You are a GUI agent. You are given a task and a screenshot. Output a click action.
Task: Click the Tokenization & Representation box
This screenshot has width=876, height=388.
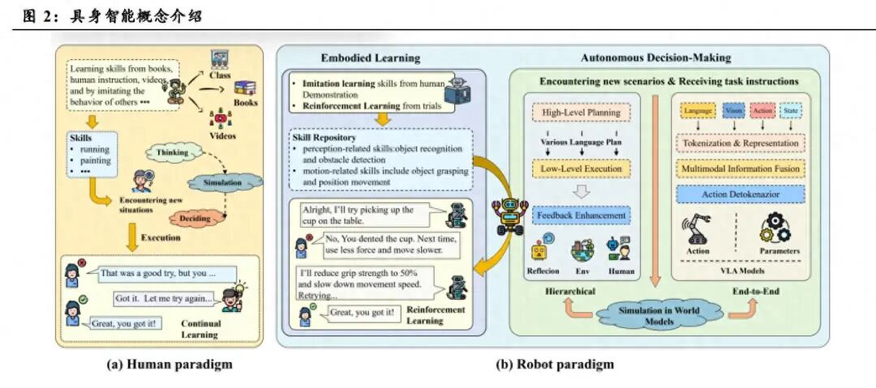point(741,143)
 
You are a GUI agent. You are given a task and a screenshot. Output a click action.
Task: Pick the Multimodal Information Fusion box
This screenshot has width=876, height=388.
point(741,168)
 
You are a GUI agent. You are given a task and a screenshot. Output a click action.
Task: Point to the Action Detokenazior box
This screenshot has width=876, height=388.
point(741,194)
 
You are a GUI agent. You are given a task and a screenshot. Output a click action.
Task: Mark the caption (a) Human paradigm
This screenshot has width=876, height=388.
point(170,364)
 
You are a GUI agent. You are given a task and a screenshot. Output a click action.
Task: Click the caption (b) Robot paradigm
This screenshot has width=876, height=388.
point(555,364)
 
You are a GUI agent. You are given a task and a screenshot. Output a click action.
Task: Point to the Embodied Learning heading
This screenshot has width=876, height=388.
point(371,58)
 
